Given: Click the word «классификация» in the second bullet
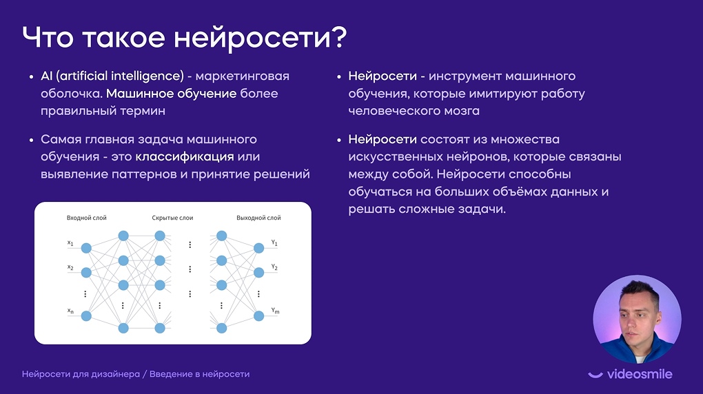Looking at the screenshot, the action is tap(185, 156).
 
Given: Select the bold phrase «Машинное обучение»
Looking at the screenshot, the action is tap(171, 93).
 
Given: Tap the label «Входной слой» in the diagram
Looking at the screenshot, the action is tap(87, 218).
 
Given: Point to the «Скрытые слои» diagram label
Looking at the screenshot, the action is tap(172, 218).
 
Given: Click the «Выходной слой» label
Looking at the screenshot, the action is tap(258, 218).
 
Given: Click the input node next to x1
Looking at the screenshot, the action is tap(86, 248).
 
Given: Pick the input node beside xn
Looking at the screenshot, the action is tap(86, 316).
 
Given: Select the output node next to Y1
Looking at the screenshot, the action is tap(258, 248).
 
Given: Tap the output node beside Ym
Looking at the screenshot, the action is tap(258, 316).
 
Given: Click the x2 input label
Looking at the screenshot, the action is tap(70, 267).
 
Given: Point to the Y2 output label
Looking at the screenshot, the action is tap(274, 267).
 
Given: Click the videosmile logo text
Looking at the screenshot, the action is tap(640, 374).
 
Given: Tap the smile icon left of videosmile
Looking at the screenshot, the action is tap(595, 375).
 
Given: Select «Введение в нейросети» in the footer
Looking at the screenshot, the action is tap(199, 374).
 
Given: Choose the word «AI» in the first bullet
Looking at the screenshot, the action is tap(47, 76).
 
